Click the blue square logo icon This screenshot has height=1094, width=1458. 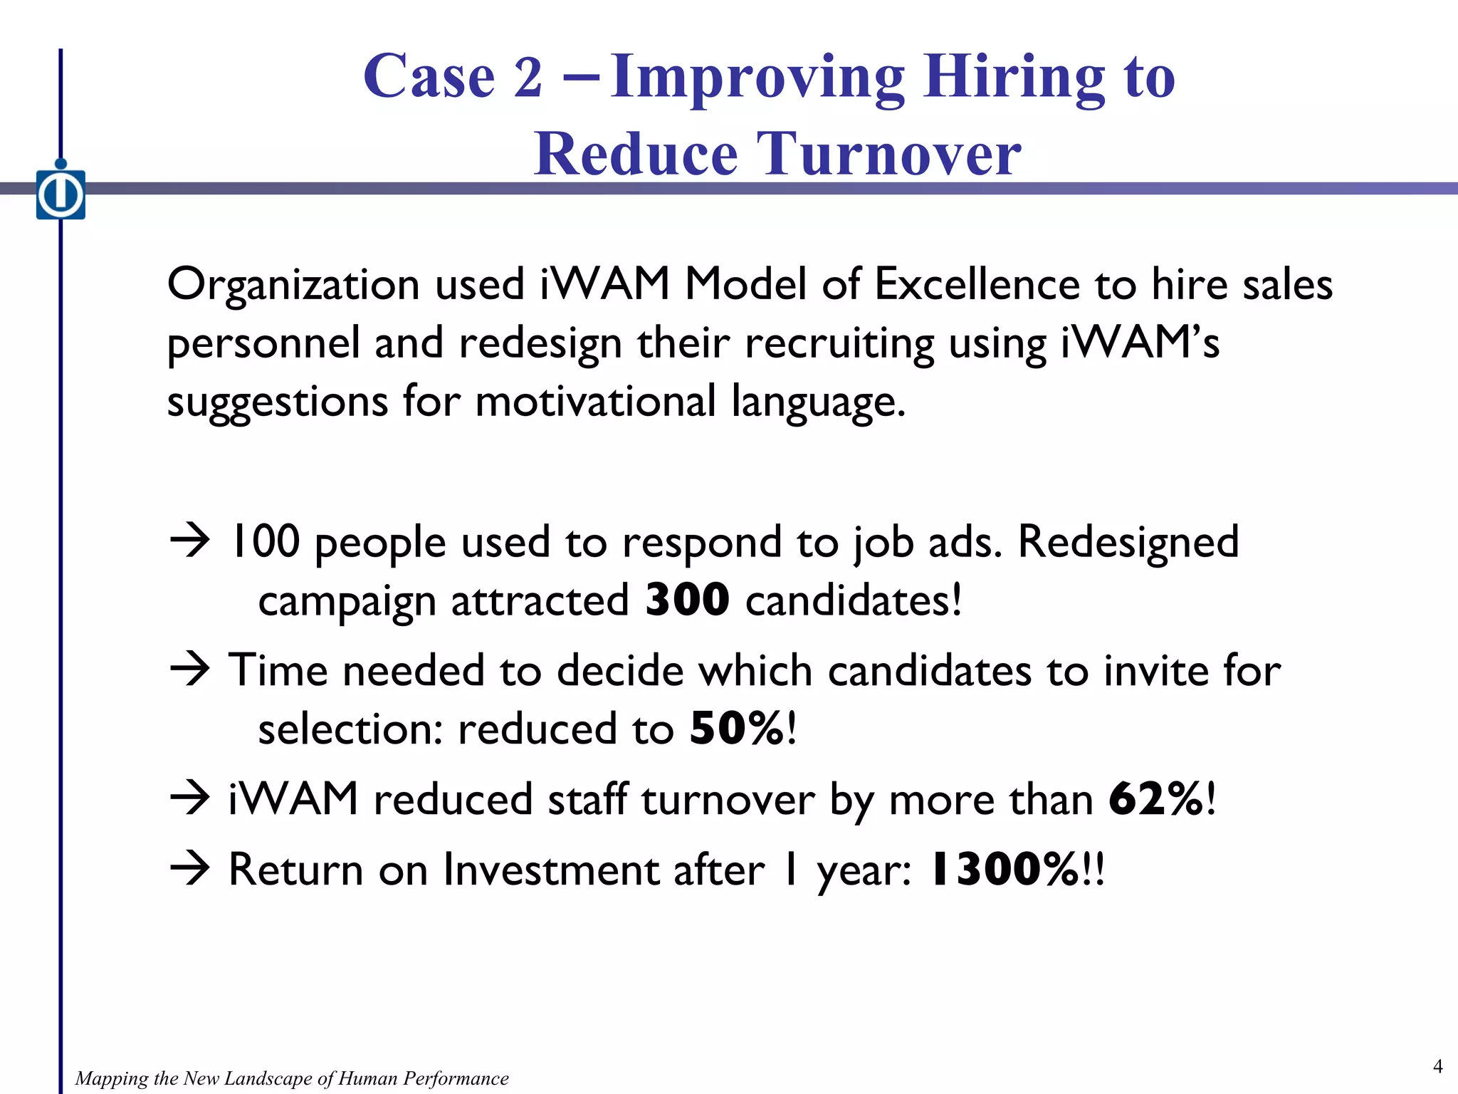coord(61,194)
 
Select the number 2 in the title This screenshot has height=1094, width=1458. coord(528,77)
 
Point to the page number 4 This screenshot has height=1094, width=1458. coord(1437,1066)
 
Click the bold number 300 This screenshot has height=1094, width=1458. coord(687,600)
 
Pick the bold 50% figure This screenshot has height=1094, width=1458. coord(738,729)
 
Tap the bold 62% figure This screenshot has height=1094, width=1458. coord(1156,799)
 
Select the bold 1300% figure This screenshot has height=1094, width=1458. coord(1005,870)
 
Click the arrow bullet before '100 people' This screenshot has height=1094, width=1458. coord(190,541)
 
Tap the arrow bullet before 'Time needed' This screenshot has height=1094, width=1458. coord(190,670)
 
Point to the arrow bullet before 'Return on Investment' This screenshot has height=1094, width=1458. coord(190,869)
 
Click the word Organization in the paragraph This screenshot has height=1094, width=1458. coord(293,284)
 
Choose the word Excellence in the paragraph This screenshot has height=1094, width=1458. coord(977,284)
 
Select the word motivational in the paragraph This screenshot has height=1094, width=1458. coord(595,401)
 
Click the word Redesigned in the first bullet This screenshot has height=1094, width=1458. coord(1128,542)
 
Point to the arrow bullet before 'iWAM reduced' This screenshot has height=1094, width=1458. coord(190,798)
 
